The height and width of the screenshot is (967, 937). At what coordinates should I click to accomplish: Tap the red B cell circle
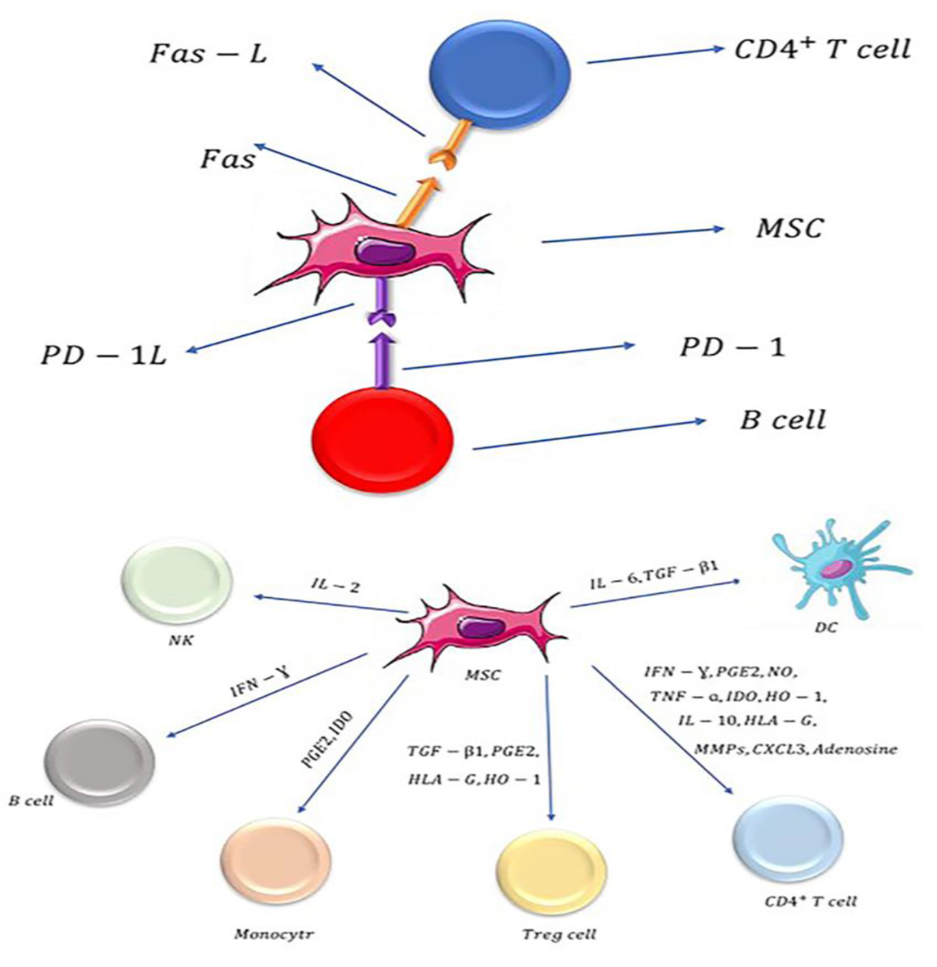pos(382,438)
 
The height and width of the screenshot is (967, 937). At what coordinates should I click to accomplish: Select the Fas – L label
pos(208,54)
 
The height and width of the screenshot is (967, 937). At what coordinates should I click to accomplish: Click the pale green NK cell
pos(177,582)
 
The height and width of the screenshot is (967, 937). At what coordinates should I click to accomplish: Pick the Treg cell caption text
pos(559,934)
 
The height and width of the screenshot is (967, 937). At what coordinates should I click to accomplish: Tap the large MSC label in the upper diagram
pos(789,228)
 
